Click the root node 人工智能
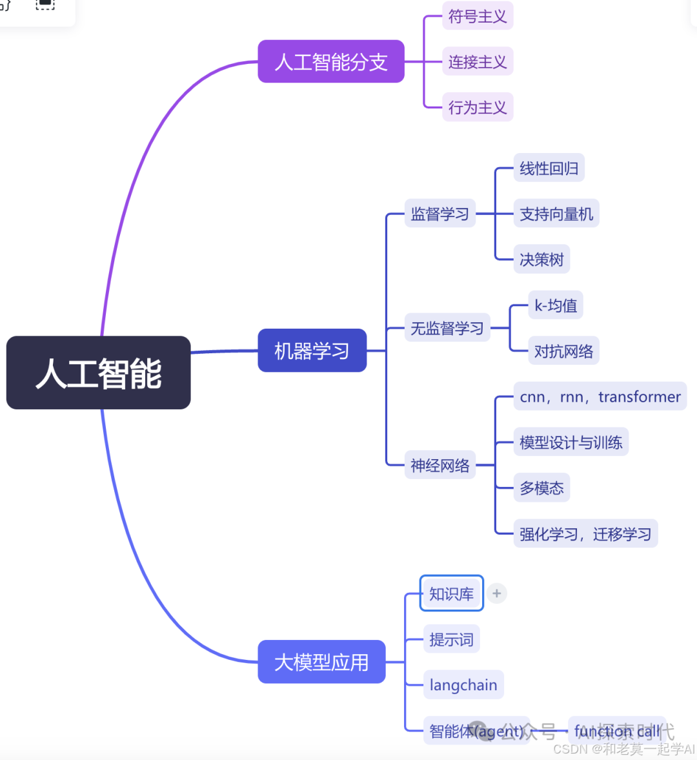pyautogui.click(x=98, y=373)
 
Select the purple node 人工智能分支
pyautogui.click(x=330, y=62)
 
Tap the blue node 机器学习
pyautogui.click(x=312, y=351)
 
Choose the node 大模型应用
pyautogui.click(x=321, y=662)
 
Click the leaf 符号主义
pyautogui.click(x=477, y=16)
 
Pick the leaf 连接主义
pyautogui.click(x=477, y=62)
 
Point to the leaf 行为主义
pyautogui.click(x=477, y=107)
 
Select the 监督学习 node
pyautogui.click(x=439, y=214)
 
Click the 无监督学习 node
pyautogui.click(x=447, y=328)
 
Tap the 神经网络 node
pyautogui.click(x=439, y=465)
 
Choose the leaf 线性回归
pyautogui.click(x=549, y=169)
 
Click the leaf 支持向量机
pyautogui.click(x=556, y=214)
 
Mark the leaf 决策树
pyautogui.click(x=541, y=260)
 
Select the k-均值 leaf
pyautogui.click(x=555, y=305)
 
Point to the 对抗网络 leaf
pyautogui.click(x=563, y=351)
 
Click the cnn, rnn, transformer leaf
pyautogui.click(x=600, y=396)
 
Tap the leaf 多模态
pyautogui.click(x=541, y=488)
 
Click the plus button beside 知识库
pyautogui.click(x=496, y=593)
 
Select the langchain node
pyautogui.click(x=463, y=685)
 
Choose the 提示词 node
pyautogui.click(x=451, y=639)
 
